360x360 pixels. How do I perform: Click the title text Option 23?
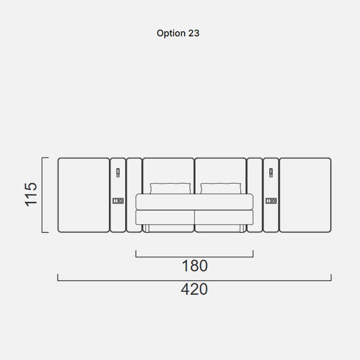click(x=178, y=33)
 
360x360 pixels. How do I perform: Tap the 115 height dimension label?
click(x=31, y=194)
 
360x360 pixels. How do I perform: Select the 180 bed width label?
click(x=194, y=266)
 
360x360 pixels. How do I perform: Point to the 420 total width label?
click(x=194, y=289)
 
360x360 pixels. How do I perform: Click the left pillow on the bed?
click(x=170, y=188)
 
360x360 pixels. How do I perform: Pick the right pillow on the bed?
click(x=221, y=188)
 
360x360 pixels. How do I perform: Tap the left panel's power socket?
click(x=118, y=201)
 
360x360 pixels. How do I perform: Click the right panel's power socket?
click(x=271, y=201)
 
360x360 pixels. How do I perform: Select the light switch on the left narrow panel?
click(x=118, y=172)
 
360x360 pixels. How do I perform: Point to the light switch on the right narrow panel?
click(x=271, y=172)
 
